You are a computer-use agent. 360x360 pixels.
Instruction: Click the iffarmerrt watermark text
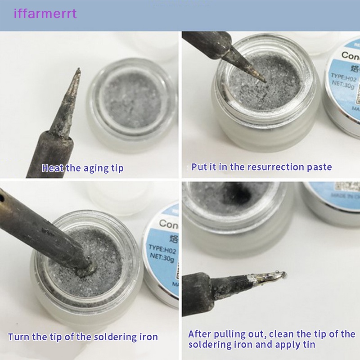(x=45, y=13)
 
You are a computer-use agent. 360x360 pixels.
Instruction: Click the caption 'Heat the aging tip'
(x=82, y=168)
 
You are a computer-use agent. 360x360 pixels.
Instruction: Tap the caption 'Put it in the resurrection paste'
(x=261, y=167)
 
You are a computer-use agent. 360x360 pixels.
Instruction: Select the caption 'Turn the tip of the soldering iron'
(x=83, y=337)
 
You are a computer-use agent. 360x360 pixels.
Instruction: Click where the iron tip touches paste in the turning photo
(x=88, y=270)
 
